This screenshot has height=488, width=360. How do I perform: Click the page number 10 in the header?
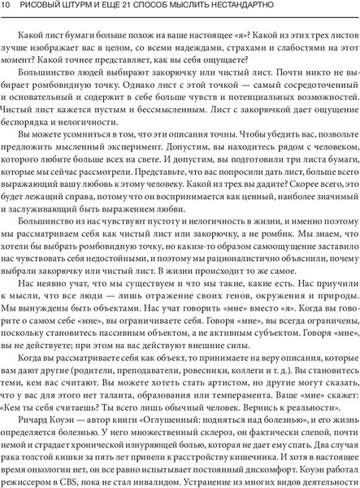pyautogui.click(x=7, y=7)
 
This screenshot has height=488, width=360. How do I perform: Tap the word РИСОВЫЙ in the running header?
pyautogui.click(x=48, y=7)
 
